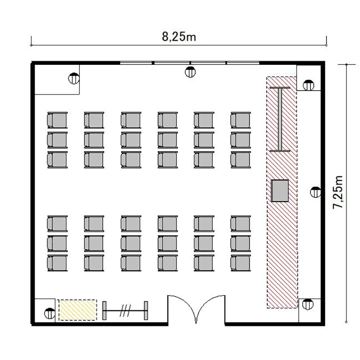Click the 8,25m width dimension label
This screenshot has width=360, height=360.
pos(179,37)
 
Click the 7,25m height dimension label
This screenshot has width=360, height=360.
pos(338,192)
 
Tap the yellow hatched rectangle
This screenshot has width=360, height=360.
pos(78,310)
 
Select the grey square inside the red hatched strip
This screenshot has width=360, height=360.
pos(280,191)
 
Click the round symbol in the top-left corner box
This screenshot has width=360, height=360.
pos(74,78)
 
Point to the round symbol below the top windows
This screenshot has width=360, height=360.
pos(190,72)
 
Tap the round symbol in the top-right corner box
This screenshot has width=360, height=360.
pos(308,85)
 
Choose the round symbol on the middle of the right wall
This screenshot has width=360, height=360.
pos(315,192)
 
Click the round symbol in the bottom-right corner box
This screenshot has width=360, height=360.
pos(308,304)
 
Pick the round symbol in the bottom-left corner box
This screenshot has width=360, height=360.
pos(49,313)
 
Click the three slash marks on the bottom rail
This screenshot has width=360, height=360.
pos(125,311)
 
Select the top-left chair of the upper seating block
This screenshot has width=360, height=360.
pos(57,120)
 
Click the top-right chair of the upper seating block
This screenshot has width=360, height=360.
pos(240,120)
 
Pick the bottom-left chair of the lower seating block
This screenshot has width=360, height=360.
pos(57,263)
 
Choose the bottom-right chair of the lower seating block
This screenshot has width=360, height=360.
pos(240,263)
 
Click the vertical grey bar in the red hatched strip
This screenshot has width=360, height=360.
pos(280,120)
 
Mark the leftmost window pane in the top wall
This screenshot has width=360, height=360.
pos(136,63)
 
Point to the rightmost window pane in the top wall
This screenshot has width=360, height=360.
pos(243,63)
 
